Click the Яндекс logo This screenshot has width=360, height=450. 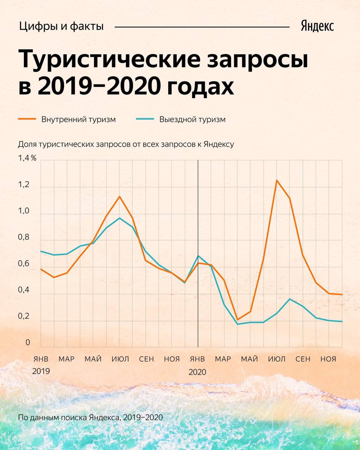[x=317, y=26]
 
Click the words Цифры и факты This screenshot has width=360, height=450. [x=62, y=26]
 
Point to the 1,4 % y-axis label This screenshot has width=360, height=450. [x=27, y=158]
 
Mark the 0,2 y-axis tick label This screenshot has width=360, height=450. [x=24, y=316]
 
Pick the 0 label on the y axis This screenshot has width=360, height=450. [x=28, y=342]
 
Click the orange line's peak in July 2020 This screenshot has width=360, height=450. [x=277, y=180]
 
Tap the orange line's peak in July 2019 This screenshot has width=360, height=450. [x=120, y=196]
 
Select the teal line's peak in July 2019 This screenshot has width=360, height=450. [x=120, y=218]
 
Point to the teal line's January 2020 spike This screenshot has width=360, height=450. [x=198, y=256]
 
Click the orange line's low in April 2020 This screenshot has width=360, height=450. [x=238, y=320]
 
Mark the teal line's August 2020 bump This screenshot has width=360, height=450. [x=290, y=299]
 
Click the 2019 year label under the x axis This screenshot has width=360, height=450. [x=41, y=371]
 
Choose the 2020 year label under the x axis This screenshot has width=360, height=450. [x=197, y=372]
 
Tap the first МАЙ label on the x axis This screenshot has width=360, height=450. [x=93, y=359]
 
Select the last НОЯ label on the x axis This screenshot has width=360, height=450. [x=328, y=359]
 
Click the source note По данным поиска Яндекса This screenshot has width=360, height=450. [x=90, y=418]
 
